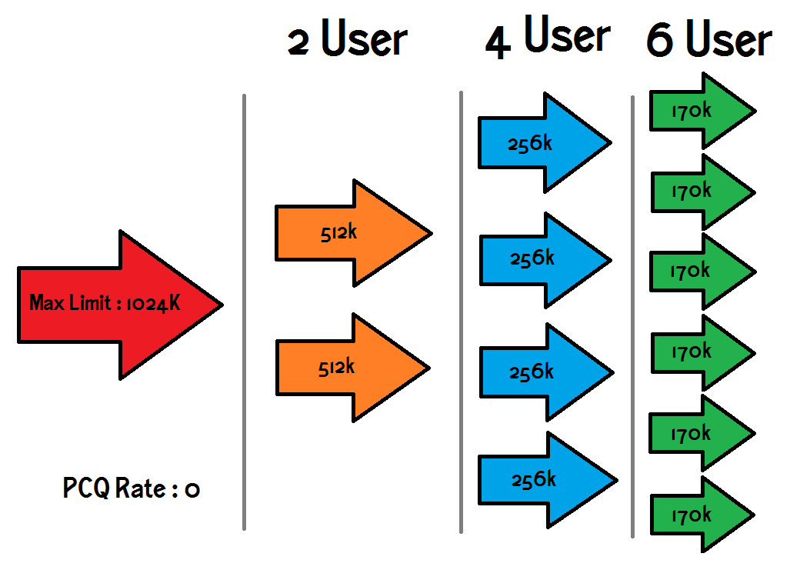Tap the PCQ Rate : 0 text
point(132,488)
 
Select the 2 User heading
point(346,40)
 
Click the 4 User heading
point(547,38)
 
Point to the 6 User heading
point(708,40)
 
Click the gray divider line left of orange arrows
point(244,312)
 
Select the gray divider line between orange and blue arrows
point(461,312)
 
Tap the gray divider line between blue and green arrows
point(632,315)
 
